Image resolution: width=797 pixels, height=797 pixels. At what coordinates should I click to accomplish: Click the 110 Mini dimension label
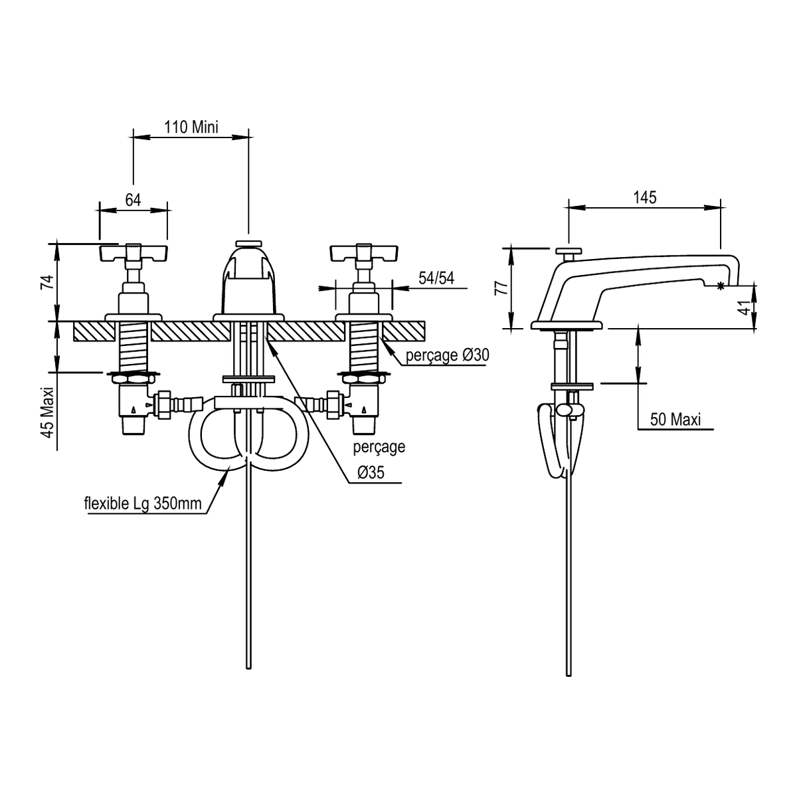tap(191, 127)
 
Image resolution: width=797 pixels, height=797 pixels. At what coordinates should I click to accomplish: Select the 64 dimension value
tap(133, 200)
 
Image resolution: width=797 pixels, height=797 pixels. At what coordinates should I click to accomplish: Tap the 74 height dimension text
tap(48, 282)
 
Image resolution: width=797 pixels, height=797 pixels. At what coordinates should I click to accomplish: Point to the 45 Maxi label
tap(48, 412)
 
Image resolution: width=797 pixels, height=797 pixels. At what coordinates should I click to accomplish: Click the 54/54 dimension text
tap(436, 278)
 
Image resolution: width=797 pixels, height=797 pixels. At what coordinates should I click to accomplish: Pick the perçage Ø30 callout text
tap(447, 355)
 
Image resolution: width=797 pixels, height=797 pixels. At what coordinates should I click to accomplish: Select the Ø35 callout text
tap(371, 472)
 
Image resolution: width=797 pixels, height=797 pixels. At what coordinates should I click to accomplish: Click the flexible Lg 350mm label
tap(143, 503)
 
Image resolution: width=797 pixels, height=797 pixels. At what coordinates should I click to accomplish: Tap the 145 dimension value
tap(645, 198)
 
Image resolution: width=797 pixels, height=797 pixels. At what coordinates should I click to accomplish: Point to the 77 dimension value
tap(501, 288)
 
